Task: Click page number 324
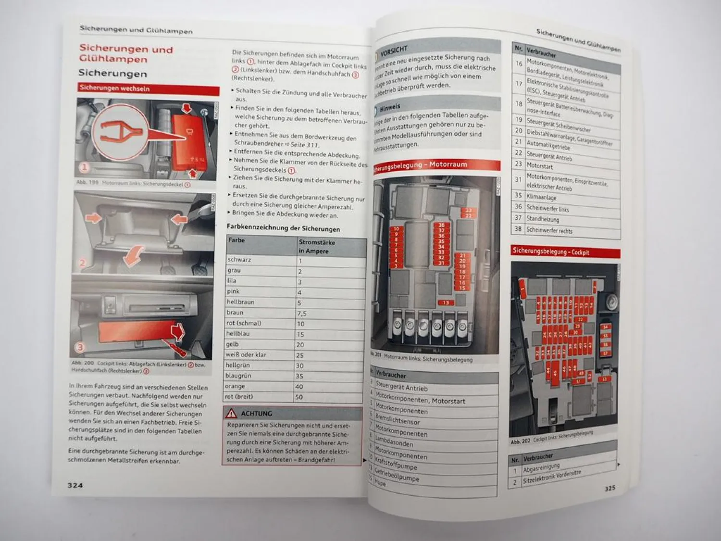point(75,485)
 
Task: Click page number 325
point(609,488)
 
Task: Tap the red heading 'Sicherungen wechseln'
point(114,88)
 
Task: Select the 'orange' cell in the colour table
point(236,386)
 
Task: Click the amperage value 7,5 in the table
point(302,313)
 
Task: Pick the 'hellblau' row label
point(238,333)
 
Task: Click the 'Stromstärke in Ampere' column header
point(316,246)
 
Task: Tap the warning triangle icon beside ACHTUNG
point(232,413)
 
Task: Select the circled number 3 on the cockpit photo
point(80,347)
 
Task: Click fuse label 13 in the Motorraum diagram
point(446,302)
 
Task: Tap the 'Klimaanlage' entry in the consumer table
point(541,197)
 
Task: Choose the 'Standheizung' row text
point(543,219)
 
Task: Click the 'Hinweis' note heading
point(390,108)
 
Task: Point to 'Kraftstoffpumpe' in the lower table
point(396,466)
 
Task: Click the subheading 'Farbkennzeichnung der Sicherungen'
point(283,228)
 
